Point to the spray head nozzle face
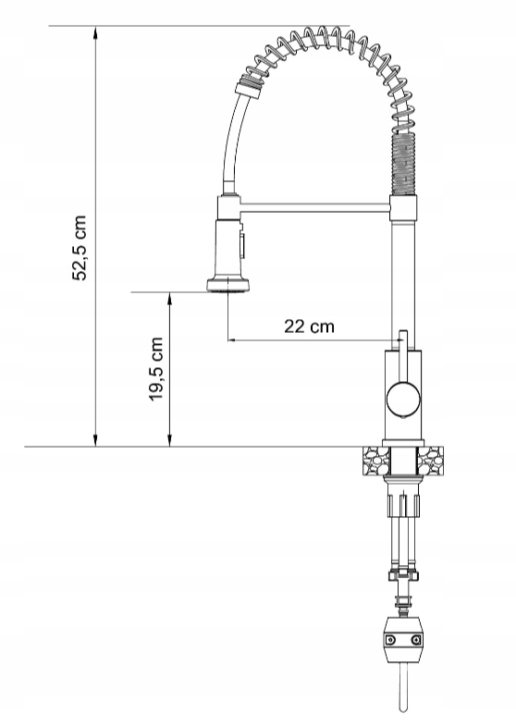[x=226, y=289]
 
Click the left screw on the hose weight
[x=391, y=639]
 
